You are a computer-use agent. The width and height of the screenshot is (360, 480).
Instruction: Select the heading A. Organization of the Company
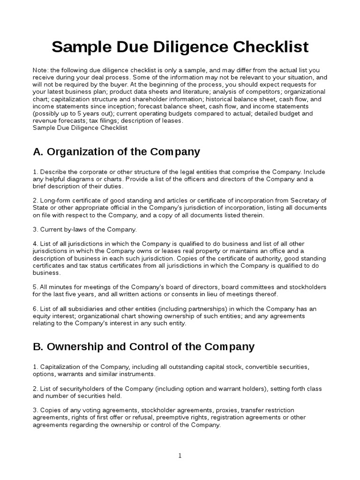(x=116, y=152)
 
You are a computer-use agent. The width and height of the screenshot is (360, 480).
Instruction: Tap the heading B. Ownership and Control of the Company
(x=143, y=347)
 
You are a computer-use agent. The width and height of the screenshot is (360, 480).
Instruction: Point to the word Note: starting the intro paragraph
(x=41, y=70)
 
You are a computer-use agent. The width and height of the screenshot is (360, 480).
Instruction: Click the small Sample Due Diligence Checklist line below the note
(x=80, y=128)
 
